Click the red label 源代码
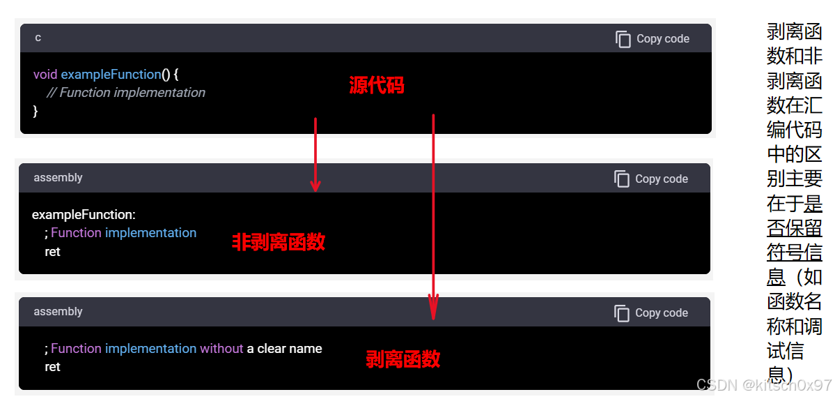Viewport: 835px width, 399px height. pos(376,86)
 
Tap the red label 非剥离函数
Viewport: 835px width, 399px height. pos(279,242)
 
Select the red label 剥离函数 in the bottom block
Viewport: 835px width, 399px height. pos(403,359)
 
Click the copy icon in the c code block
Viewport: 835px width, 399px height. pos(623,39)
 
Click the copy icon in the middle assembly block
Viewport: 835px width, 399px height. pos(621,179)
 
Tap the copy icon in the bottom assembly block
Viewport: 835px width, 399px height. pos(621,313)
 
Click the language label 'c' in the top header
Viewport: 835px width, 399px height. pos(38,38)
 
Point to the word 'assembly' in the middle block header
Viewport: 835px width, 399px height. pos(58,178)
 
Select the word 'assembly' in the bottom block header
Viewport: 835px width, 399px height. pos(58,312)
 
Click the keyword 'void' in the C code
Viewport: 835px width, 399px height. pos(45,74)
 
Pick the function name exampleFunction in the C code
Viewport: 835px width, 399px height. pos(111,74)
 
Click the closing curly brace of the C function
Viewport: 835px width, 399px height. pos(36,111)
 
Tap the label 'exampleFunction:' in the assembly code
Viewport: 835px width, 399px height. pos(84,214)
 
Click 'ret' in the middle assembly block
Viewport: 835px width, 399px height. pos(52,252)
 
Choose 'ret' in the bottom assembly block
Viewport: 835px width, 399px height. pos(52,367)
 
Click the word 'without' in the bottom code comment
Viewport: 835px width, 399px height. pos(221,348)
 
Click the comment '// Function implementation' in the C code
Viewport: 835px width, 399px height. pos(125,93)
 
